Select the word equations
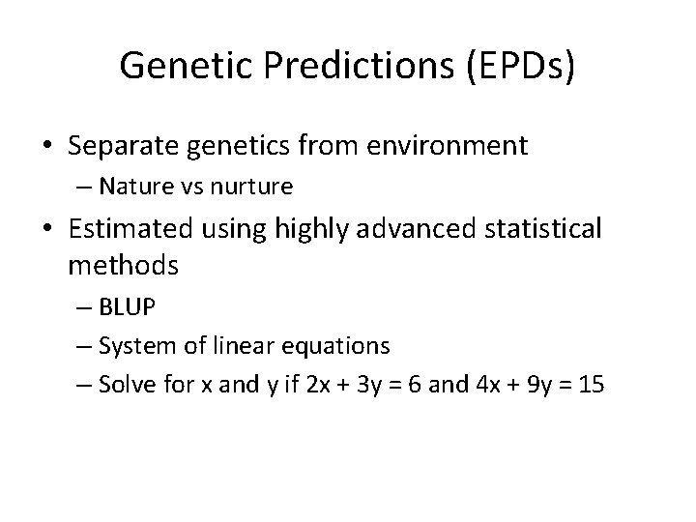click(341, 345)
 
